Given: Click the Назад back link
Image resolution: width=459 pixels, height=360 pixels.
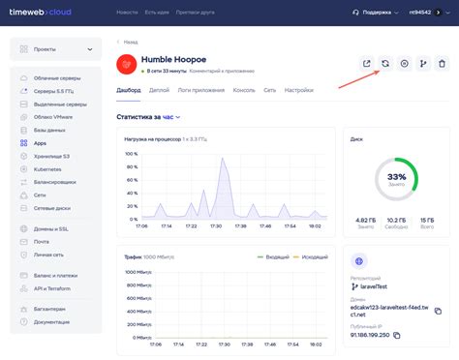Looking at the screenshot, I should [128, 42].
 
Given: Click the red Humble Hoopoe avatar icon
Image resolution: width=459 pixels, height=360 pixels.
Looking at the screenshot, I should [128, 64].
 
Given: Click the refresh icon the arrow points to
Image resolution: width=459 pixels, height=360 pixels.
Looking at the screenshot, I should [385, 64].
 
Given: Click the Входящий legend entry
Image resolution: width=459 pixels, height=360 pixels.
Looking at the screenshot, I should [274, 256].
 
